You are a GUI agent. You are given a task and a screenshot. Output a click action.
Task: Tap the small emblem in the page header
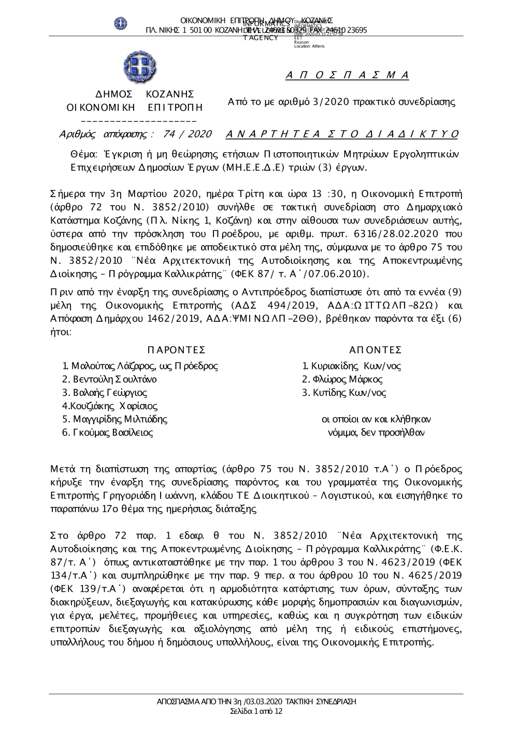(121, 23)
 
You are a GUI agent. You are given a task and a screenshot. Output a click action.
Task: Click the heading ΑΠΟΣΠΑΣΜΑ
(347, 76)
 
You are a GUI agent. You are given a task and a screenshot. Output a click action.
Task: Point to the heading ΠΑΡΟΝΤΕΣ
(176, 350)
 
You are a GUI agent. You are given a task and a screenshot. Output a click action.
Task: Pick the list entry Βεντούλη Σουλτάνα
(109, 379)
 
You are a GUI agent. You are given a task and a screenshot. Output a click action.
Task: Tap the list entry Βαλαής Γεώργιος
(105, 393)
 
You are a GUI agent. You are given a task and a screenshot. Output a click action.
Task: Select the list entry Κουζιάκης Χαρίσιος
(110, 406)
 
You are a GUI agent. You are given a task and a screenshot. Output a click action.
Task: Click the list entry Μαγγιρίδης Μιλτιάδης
(114, 419)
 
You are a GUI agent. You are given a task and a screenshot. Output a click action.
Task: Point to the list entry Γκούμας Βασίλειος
(107, 432)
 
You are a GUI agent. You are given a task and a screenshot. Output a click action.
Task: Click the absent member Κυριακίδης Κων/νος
(352, 366)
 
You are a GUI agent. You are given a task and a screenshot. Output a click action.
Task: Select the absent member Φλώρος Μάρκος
(342, 379)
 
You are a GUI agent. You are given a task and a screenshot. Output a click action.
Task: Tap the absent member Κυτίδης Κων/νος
(344, 393)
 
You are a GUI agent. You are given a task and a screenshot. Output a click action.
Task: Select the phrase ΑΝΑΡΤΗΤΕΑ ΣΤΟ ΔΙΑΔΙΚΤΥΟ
(342, 135)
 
